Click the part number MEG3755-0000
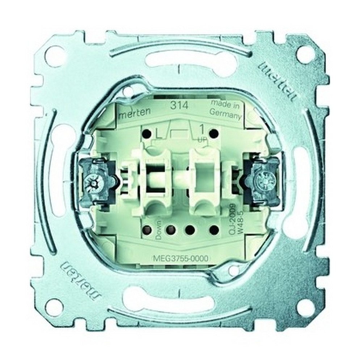point(179,258)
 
